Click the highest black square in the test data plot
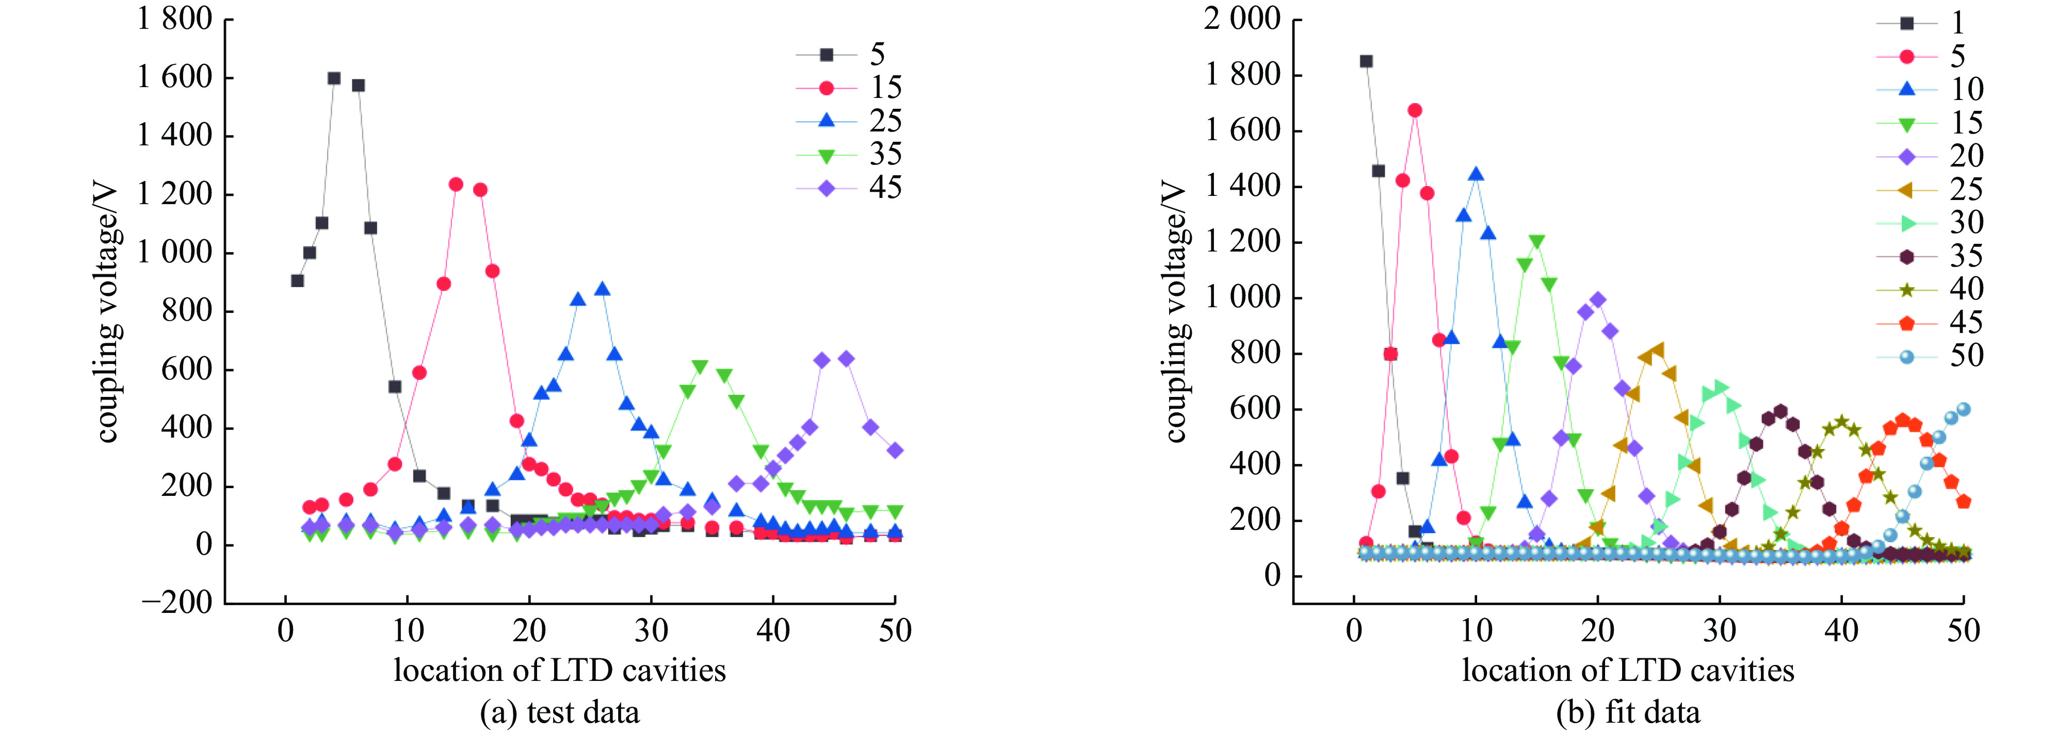[x=334, y=78]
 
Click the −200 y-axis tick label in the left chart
[x=177, y=602]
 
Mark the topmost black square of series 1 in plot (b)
[x=1366, y=61]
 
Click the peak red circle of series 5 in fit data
[x=1415, y=110]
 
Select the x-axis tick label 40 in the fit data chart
[x=1841, y=631]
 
